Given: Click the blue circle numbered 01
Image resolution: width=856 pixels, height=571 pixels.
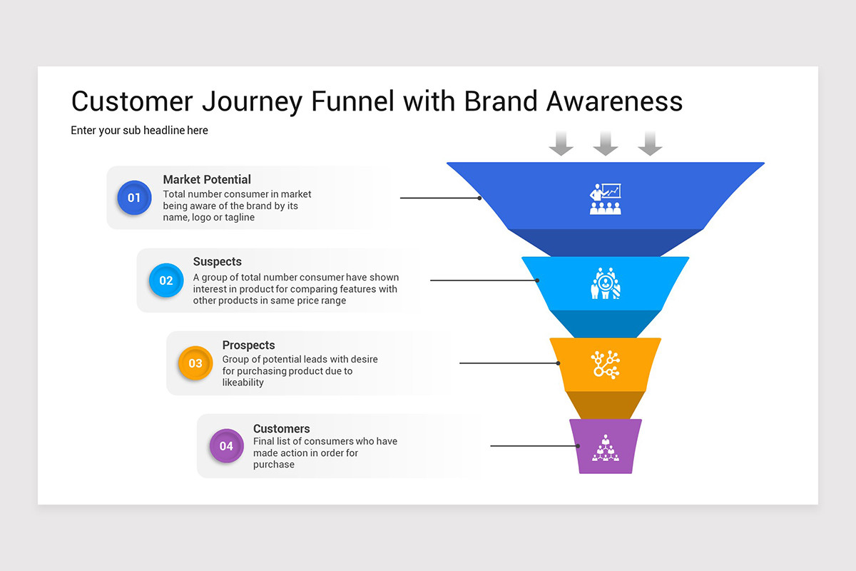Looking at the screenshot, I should pyautogui.click(x=134, y=198).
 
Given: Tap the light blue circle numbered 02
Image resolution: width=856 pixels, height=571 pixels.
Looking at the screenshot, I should pyautogui.click(x=165, y=281).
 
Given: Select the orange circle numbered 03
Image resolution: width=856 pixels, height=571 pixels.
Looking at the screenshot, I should pyautogui.click(x=195, y=363).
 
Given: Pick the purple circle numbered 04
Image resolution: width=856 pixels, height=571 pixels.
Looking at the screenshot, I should pyautogui.click(x=226, y=446).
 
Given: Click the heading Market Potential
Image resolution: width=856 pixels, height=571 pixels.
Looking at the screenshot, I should pyautogui.click(x=207, y=180).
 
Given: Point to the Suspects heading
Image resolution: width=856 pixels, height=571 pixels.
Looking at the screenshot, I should pyautogui.click(x=217, y=262).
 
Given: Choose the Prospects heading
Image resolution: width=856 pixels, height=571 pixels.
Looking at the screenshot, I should pyautogui.click(x=248, y=345).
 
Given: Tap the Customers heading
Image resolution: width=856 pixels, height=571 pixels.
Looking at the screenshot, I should pyautogui.click(x=281, y=429).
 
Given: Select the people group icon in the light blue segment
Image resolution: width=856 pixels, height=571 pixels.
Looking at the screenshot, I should pyautogui.click(x=606, y=283).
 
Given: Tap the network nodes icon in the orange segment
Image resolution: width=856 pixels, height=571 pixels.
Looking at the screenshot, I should pyautogui.click(x=606, y=365).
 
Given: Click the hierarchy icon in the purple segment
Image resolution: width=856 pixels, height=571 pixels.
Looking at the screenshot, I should pyautogui.click(x=606, y=448).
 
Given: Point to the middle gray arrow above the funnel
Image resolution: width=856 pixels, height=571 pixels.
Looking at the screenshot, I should pyautogui.click(x=606, y=143).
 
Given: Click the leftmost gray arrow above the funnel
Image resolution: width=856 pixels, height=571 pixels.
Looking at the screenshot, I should pyautogui.click(x=561, y=143).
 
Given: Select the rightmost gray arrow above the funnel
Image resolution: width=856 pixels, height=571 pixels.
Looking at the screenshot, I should pyautogui.click(x=650, y=143).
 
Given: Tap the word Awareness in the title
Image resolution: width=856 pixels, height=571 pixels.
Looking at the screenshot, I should pyautogui.click(x=614, y=101).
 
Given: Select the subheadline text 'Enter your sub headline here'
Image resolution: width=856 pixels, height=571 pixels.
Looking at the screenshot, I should pyautogui.click(x=139, y=131).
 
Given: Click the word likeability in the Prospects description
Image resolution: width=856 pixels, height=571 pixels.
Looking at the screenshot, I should pyautogui.click(x=243, y=383).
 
